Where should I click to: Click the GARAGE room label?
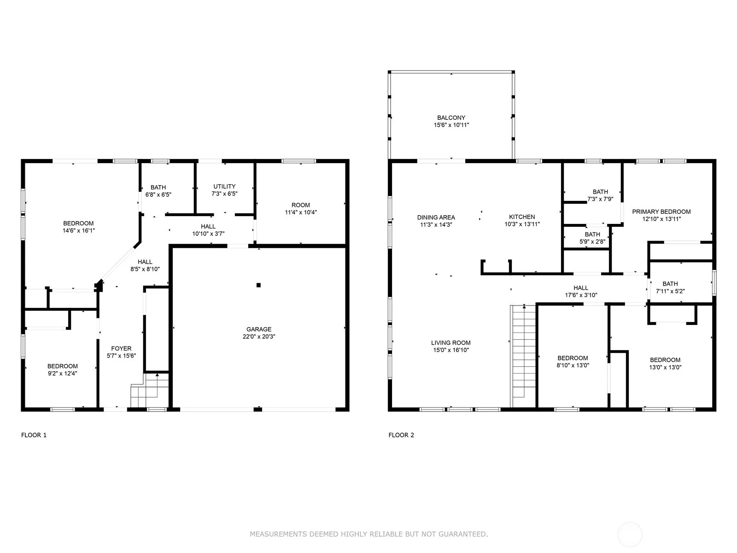coord(258,329)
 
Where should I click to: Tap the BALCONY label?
coord(451,118)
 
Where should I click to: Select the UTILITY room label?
coord(224,186)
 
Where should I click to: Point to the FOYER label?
coord(121,348)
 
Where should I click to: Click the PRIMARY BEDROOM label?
coord(661,212)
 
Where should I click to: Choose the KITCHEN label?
coord(522,217)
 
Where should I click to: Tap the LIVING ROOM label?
coord(450,343)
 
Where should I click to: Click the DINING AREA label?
coord(436,217)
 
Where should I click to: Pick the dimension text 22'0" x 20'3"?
coord(258,336)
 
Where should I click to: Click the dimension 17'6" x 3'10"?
coord(580,295)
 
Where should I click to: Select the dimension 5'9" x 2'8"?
coord(592,241)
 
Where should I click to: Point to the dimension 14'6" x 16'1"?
coord(79,231)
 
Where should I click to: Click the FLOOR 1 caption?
coord(34,435)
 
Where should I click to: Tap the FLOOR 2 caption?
coord(401,435)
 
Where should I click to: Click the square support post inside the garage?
coord(258,285)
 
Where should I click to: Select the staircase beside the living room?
coord(523,356)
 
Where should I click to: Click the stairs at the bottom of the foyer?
coord(150,390)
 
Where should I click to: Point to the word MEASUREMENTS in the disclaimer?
coord(278,534)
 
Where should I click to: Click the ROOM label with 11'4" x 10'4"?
coord(300,205)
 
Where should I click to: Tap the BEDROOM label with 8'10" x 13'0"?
coord(573,358)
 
